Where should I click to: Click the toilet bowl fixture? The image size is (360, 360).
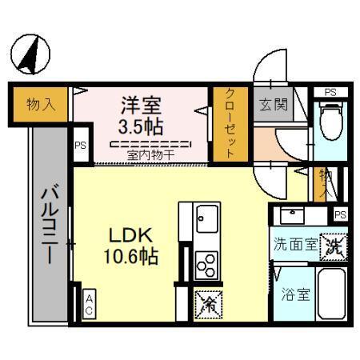click(x=329, y=121)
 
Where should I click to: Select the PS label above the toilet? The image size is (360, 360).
click(x=330, y=93)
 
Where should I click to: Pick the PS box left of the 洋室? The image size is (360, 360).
click(x=80, y=146)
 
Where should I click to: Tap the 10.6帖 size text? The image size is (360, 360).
click(x=130, y=257)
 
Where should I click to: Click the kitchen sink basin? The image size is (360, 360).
click(x=207, y=216)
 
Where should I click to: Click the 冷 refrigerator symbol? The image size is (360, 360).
click(x=206, y=302)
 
